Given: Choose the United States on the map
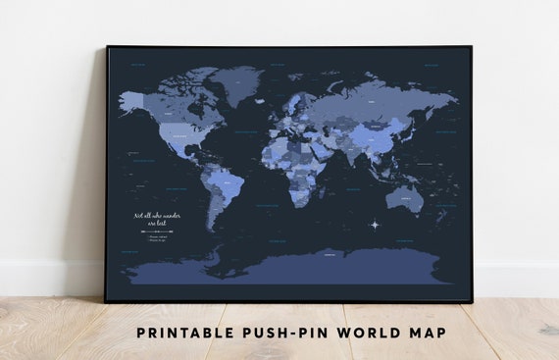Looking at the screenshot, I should click(x=182, y=131).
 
